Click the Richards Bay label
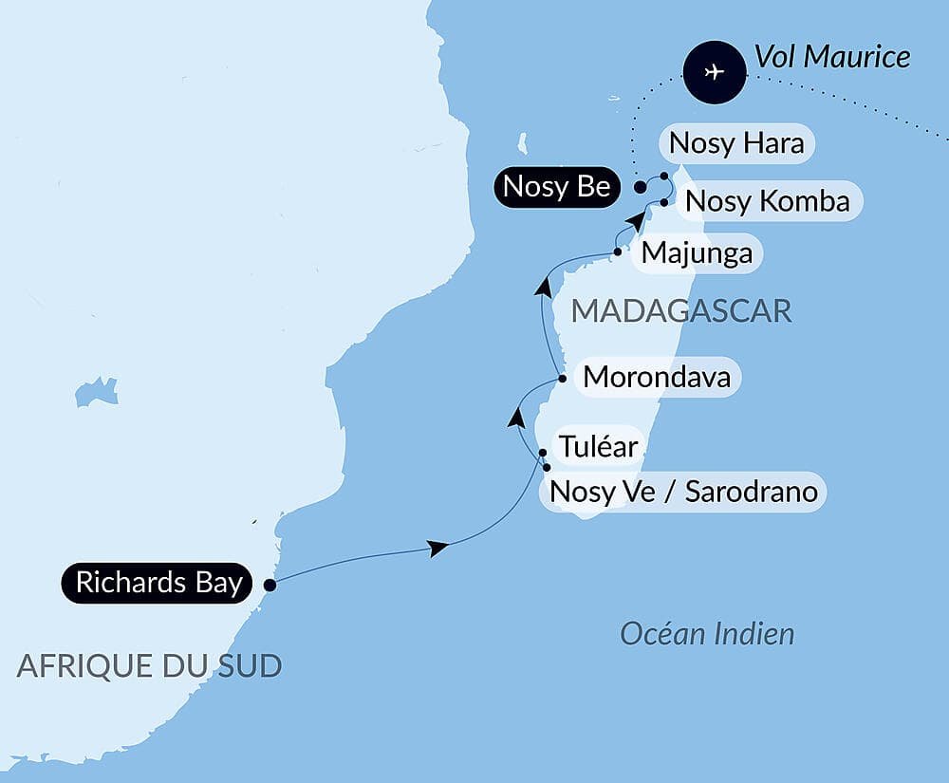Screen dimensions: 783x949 158,583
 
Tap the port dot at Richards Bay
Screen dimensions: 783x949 270,585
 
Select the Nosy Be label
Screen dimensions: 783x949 556,187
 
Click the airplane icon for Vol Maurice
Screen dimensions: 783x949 716,71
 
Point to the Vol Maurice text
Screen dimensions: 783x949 832,57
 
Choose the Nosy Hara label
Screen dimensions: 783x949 736,143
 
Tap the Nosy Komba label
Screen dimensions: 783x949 767,201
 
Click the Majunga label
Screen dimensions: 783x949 697,253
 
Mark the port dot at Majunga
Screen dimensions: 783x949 618,252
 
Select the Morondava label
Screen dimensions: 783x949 657,377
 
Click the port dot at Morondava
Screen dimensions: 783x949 563,379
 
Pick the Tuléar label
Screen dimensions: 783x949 597,446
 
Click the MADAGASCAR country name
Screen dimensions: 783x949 680,310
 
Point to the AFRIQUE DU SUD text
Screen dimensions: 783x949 149,666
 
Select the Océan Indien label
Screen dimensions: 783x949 707,634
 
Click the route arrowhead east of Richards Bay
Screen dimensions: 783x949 437,548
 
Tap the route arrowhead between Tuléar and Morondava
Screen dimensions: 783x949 516,417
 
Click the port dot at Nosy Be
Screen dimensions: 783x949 641,187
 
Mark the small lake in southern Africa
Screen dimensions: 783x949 96,390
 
